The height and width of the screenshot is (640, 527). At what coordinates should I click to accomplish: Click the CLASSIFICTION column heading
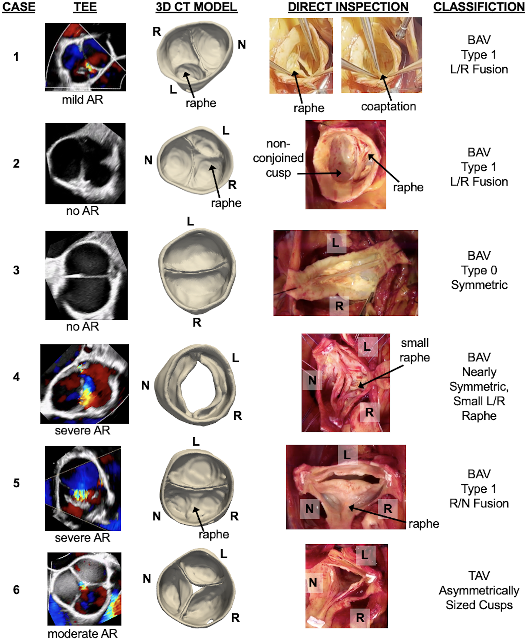[479, 7]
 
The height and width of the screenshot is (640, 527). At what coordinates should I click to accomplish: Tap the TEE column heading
[85, 7]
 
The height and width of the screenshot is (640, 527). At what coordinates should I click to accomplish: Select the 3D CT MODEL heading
[196, 7]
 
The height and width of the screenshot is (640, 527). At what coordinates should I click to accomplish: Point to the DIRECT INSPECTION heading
[348, 7]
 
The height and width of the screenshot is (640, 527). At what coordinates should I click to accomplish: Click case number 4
[16, 377]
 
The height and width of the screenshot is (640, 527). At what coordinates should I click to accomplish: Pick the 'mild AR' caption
[83, 100]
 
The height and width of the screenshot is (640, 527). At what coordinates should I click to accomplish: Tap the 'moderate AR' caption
[83, 633]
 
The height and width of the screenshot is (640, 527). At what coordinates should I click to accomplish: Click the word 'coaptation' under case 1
[388, 106]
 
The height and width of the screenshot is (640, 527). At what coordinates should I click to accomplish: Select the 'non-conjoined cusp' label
[278, 158]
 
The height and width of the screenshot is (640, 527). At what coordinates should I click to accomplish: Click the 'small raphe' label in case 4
[414, 350]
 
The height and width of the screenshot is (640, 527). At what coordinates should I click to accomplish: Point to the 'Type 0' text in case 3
[479, 270]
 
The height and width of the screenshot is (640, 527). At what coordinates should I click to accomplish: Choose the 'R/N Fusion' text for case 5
[479, 504]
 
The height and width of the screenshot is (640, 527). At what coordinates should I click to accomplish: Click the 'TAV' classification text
[479, 576]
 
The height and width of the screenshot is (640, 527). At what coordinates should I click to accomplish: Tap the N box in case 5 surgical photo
[309, 509]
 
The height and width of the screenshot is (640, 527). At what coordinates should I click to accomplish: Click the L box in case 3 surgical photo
[336, 243]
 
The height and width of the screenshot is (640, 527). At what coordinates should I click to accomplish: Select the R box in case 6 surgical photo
[360, 617]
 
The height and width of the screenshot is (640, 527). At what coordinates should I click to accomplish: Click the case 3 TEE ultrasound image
[87, 275]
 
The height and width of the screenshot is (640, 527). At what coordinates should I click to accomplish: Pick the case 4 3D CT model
[195, 385]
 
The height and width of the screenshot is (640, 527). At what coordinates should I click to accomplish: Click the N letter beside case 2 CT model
[148, 160]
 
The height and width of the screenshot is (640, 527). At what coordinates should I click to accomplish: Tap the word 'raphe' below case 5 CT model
[214, 534]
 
